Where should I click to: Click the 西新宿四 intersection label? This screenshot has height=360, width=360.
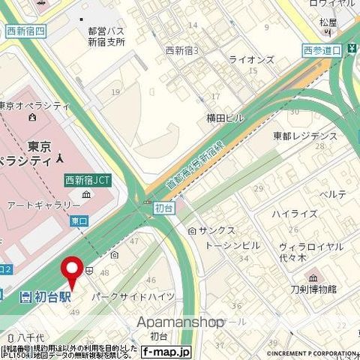coord(26,31)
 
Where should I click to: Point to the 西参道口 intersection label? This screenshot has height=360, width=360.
coord(323,50)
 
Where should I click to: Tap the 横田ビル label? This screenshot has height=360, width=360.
coord(226,118)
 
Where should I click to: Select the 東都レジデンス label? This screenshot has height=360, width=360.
coord(305,136)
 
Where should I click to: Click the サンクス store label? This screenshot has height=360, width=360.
coord(217,230)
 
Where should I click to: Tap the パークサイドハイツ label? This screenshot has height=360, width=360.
coord(133,296)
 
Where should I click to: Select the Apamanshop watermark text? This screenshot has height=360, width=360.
coord(181,322)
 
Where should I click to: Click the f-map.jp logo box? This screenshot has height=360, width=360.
coord(166,350)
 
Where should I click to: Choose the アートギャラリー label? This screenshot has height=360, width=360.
coord(43,204)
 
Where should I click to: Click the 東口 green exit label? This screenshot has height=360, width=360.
coord(79,221)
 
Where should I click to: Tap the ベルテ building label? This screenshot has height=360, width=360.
coord(333,194)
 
